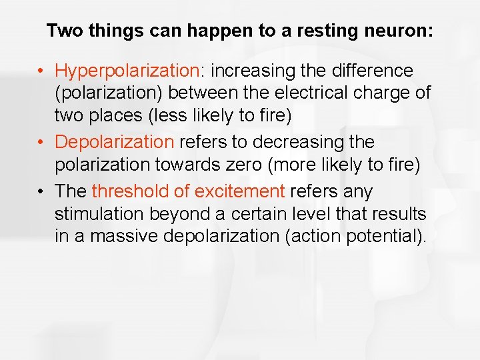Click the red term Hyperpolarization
(x=127, y=71)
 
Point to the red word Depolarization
(x=114, y=142)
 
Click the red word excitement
(x=239, y=191)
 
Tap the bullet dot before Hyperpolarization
(x=41, y=71)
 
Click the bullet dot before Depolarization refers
(x=41, y=142)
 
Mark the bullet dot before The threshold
(x=41, y=191)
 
